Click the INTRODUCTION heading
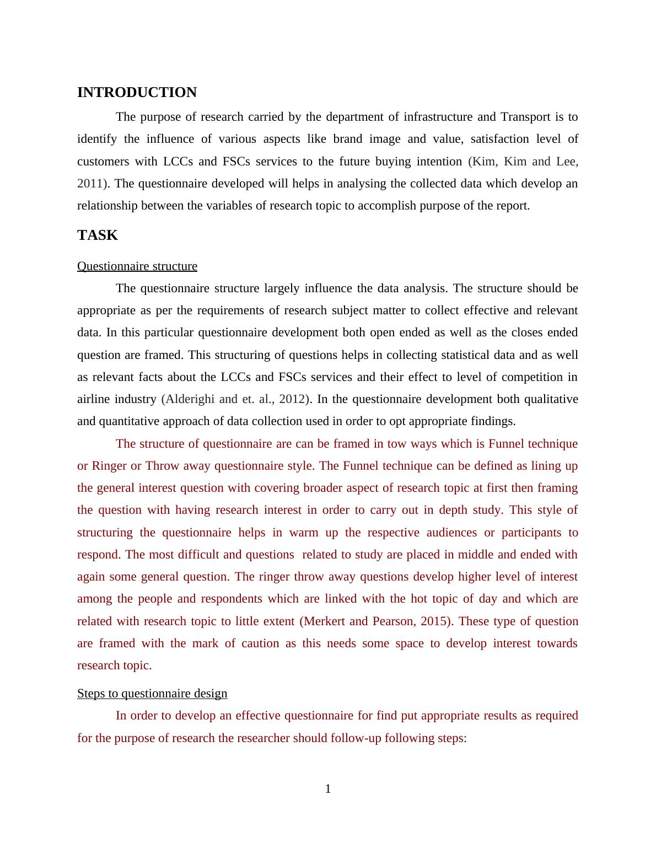(x=137, y=93)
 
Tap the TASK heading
(x=98, y=235)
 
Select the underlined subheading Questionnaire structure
(x=137, y=266)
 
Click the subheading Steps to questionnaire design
(x=152, y=694)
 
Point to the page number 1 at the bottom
(x=328, y=789)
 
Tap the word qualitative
(x=549, y=399)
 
